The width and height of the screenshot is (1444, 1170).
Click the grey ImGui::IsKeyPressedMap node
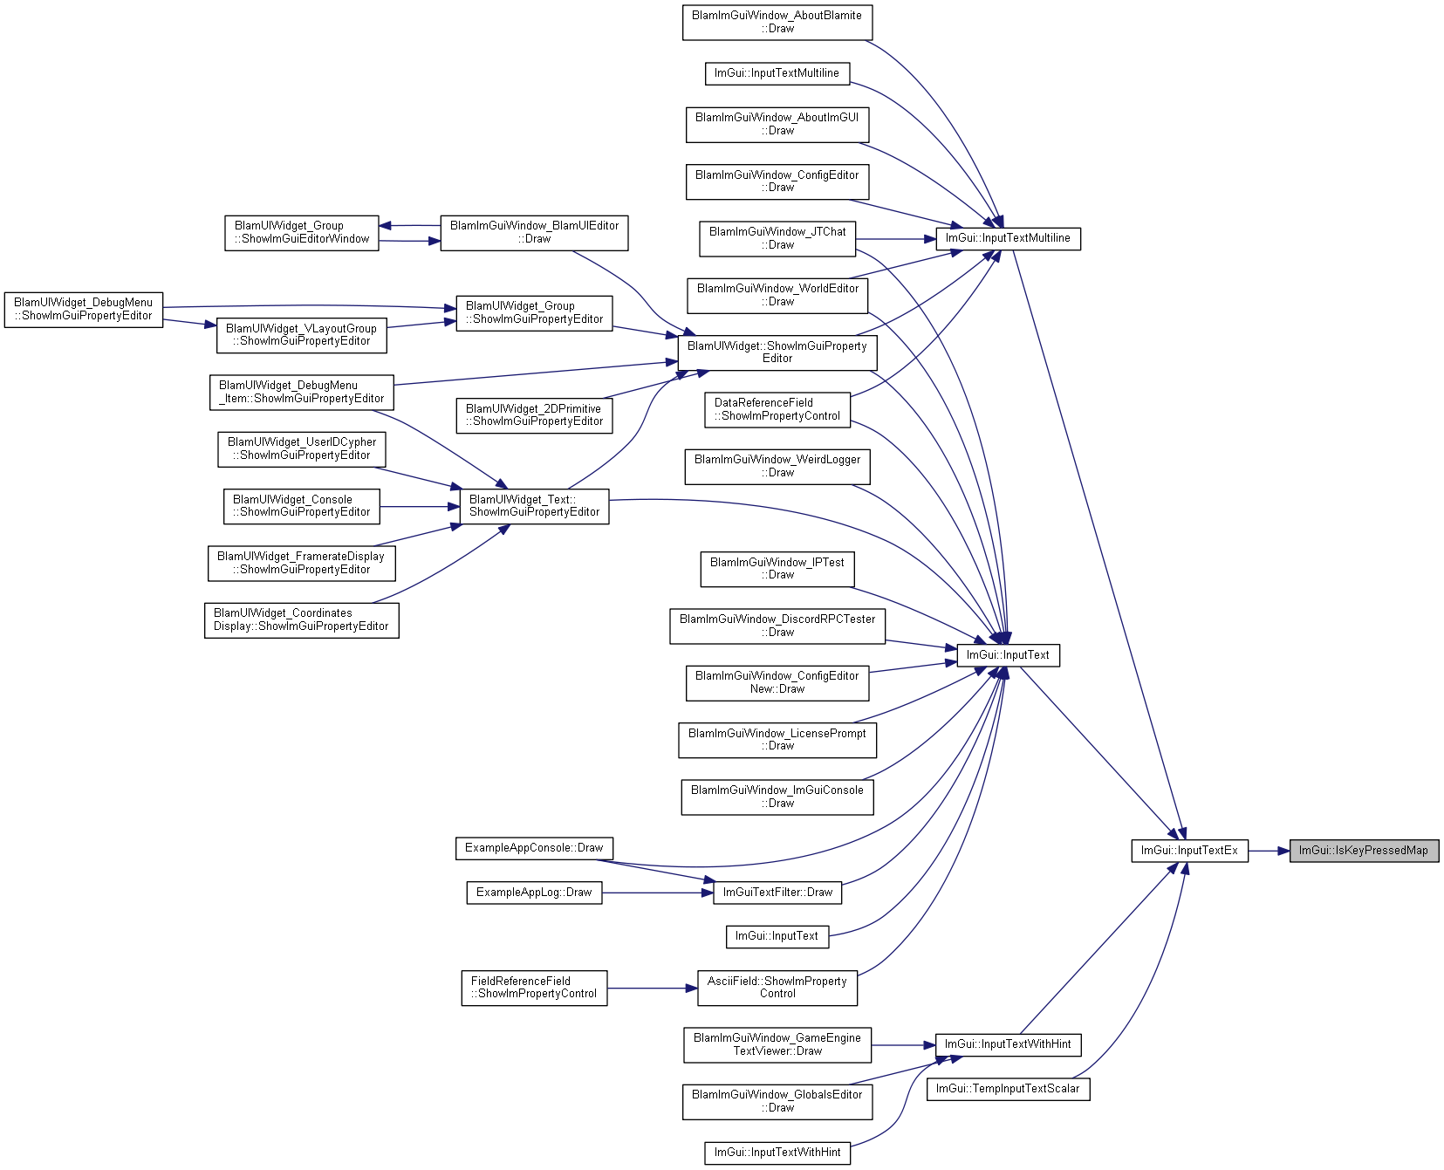[1364, 851]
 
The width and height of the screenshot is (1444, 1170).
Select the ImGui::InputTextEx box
[1189, 851]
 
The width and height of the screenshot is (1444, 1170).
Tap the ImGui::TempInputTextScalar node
[1008, 1089]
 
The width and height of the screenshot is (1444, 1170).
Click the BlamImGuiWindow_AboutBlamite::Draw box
[777, 22]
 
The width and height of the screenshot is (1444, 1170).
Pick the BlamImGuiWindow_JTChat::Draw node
[777, 238]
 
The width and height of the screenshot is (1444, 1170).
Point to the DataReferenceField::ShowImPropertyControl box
[777, 409]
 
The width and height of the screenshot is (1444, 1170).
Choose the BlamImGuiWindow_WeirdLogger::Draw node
[777, 466]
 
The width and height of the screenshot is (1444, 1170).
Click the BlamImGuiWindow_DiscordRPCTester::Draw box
[777, 626]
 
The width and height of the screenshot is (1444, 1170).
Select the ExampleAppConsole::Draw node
[534, 848]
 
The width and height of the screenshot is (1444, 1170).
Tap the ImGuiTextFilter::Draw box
[777, 893]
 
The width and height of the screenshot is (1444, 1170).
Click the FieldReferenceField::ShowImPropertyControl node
[534, 988]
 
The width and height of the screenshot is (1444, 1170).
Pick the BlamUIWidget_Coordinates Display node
[302, 620]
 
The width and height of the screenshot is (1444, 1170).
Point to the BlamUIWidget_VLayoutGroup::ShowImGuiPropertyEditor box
[301, 335]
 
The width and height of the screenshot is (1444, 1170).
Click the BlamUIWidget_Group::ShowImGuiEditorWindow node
[302, 232]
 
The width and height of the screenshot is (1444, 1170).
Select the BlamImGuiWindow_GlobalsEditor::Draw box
[777, 1101]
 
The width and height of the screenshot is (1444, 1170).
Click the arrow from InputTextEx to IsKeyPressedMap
[1269, 851]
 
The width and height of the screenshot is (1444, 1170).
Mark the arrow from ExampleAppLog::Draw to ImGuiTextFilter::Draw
[658, 893]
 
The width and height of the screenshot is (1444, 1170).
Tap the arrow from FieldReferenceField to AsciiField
[653, 988]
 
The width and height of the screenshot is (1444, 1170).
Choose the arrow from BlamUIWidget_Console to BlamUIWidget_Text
[420, 506]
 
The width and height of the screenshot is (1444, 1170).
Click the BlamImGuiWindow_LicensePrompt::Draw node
[777, 740]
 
